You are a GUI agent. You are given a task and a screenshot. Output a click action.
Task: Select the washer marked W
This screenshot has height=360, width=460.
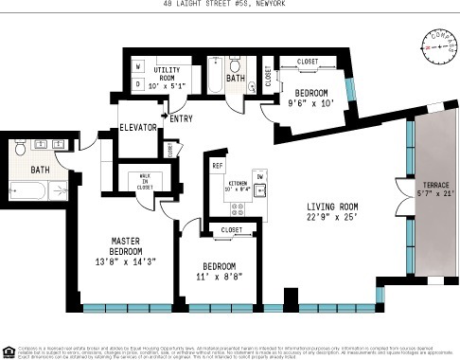pyautogui.click(x=137, y=67)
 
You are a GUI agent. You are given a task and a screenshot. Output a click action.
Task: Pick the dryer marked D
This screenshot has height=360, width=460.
pyautogui.click(x=137, y=83)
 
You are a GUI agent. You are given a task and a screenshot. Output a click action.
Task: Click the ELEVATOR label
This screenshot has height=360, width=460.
pyautogui.click(x=137, y=127)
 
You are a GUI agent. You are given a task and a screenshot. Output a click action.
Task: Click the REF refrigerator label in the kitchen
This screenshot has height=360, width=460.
pyautogui.click(x=217, y=165)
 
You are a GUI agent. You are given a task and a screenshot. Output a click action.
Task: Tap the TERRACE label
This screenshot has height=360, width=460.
pyautogui.click(x=436, y=184)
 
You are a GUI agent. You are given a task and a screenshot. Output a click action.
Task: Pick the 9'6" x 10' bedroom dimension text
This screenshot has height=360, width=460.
pyautogui.click(x=312, y=105)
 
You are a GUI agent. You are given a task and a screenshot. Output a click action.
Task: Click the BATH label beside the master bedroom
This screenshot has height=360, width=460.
pyautogui.click(x=39, y=170)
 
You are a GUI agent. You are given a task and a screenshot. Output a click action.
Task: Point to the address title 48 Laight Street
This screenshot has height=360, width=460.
pyautogui.click(x=230, y=5)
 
